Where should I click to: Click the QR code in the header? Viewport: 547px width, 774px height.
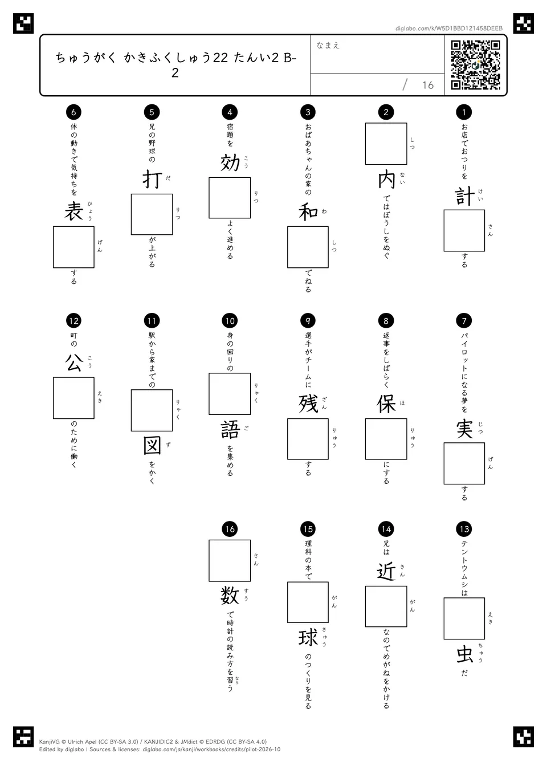coord(476,65)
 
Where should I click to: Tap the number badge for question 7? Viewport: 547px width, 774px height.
coord(464,321)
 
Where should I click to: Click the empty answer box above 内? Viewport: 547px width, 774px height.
coord(386,144)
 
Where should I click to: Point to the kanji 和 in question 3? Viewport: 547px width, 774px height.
coord(308,212)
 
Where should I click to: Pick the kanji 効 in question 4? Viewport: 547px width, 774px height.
coord(230,163)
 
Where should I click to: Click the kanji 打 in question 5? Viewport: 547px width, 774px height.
coord(152,180)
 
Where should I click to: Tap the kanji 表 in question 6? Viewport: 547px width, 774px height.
coord(74,212)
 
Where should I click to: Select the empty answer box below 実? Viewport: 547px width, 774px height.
coord(464,463)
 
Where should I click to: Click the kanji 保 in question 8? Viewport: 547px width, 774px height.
coord(386,404)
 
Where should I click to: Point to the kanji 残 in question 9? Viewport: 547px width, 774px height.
coord(308,404)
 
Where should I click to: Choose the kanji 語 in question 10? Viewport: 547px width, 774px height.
coord(230,430)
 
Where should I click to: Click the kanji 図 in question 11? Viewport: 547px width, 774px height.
coord(152,446)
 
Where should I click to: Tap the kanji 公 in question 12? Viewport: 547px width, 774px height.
coord(74,362)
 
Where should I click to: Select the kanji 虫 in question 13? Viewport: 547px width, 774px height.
coord(464,654)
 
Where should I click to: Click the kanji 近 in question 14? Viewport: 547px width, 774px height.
coord(386,571)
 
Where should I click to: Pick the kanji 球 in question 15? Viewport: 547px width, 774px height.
coord(308,637)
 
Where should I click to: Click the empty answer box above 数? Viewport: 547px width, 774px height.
coord(230,560)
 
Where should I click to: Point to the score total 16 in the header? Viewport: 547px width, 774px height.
coord(428,85)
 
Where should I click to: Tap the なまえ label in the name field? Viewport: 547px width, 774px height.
coord(328,45)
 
